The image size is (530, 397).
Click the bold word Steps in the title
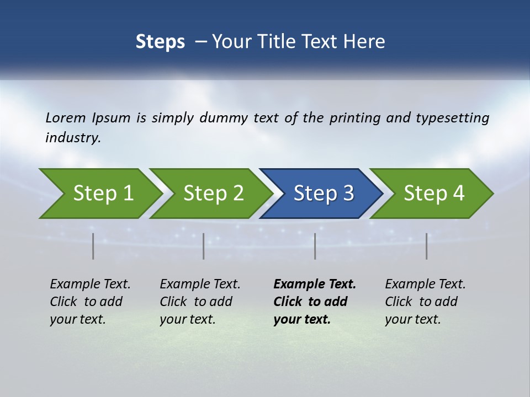160,42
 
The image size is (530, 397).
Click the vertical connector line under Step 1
93,246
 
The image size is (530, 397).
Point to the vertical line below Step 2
204,246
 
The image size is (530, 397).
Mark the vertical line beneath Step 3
315,246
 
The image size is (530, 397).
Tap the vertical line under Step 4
427,246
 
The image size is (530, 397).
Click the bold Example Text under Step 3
315,301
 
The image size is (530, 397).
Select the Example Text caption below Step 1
90,301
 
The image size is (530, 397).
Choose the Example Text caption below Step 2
200,301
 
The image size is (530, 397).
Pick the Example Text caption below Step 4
425,301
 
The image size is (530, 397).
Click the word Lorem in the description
66,118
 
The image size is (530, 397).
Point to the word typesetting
452,118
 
